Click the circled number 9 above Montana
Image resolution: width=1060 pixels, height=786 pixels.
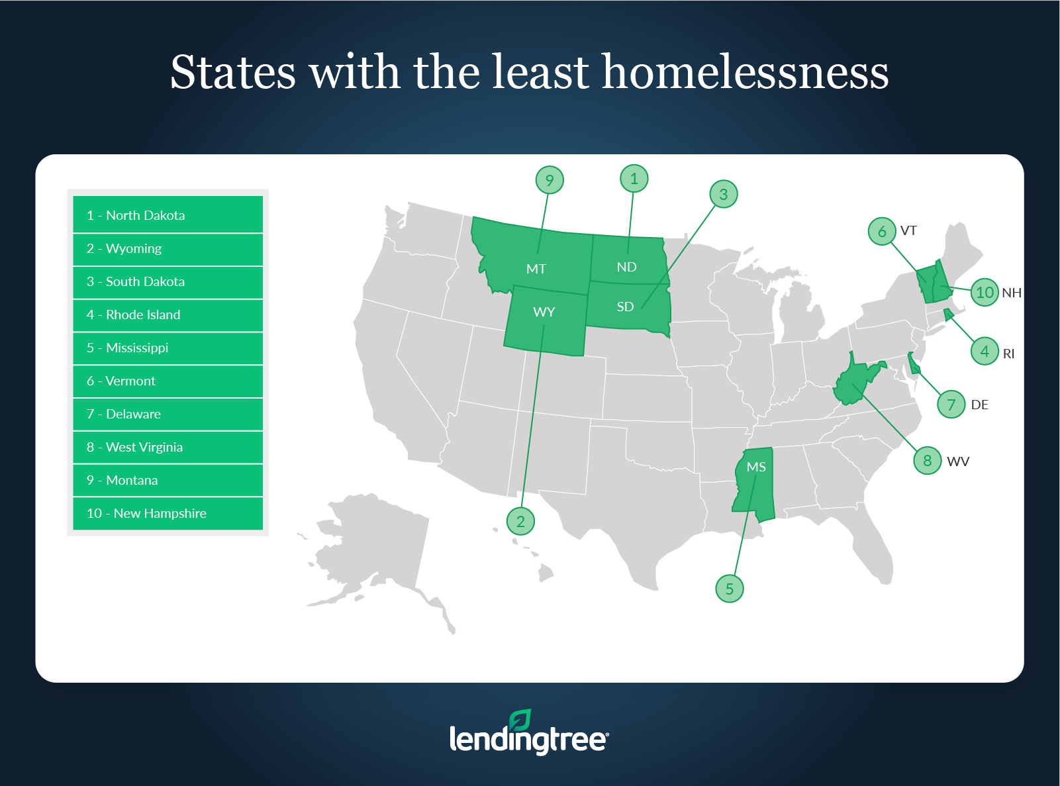click(550, 180)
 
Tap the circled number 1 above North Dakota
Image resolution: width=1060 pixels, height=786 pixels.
click(634, 179)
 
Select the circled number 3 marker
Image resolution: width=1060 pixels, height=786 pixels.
click(723, 194)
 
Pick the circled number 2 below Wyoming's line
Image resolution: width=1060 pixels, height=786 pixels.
click(520, 521)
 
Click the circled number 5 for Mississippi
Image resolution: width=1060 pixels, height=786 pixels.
click(729, 589)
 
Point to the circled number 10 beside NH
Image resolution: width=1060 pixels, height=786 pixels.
click(985, 292)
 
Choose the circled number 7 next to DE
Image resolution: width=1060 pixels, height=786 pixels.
click(951, 404)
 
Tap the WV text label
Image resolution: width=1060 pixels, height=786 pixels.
click(957, 462)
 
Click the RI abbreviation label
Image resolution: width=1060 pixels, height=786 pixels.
click(1008, 354)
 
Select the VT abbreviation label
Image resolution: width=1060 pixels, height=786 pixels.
click(908, 230)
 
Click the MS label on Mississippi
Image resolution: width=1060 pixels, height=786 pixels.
click(756, 467)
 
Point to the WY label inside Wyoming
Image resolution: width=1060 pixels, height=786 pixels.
click(544, 312)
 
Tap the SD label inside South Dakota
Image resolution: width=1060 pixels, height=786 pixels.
click(625, 307)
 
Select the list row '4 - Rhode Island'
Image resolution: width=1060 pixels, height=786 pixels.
click(168, 315)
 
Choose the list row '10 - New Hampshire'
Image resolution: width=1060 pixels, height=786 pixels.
click(168, 514)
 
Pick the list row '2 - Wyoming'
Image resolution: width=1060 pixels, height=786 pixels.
click(168, 249)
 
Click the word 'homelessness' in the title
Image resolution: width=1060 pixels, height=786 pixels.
click(745, 72)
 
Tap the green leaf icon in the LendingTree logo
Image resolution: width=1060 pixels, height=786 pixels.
click(520, 720)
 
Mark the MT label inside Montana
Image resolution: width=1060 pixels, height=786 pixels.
click(536, 269)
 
